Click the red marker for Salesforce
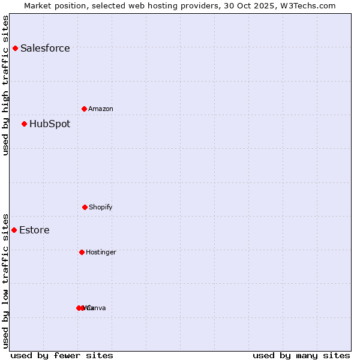click(15, 48)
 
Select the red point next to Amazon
click(84, 109)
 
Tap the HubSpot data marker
click(24, 124)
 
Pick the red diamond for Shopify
click(85, 207)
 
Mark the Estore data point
click(14, 230)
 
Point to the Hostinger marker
click(82, 252)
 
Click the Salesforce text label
click(45, 48)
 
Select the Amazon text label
click(101, 109)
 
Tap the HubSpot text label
click(50, 124)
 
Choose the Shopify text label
click(101, 207)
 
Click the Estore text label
click(34, 230)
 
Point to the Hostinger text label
click(101, 252)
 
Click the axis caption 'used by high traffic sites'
click(5, 85)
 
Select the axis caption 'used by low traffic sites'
click(5, 281)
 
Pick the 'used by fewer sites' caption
click(62, 355)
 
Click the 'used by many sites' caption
click(301, 355)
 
